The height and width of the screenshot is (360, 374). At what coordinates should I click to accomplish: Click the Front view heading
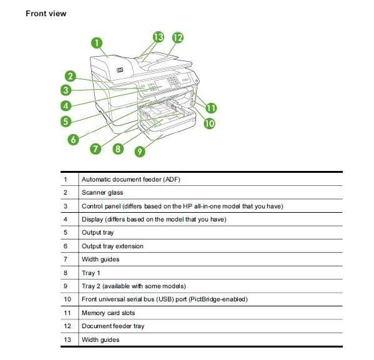[46, 14]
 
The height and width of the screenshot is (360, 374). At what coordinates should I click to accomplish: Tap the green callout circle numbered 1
[97, 43]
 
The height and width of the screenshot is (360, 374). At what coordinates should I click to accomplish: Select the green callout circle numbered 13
[159, 37]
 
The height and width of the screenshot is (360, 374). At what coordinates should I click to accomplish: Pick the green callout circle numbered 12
[178, 37]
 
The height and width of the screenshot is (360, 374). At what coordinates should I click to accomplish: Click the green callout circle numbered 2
[71, 76]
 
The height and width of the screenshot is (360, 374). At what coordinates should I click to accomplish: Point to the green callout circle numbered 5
[66, 122]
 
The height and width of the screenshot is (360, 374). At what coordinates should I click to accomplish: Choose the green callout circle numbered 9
[140, 152]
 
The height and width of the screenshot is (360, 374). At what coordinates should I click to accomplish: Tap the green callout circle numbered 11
[211, 108]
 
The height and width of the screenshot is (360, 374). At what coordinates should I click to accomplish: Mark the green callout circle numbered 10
[209, 124]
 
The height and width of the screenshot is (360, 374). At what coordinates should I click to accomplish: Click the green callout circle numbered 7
[96, 148]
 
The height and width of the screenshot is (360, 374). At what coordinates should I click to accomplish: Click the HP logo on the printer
[120, 70]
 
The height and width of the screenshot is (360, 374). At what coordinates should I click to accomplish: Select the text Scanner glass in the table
[102, 193]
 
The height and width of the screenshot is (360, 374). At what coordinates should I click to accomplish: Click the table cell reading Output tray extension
[112, 246]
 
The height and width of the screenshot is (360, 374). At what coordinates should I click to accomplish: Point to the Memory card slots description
[108, 313]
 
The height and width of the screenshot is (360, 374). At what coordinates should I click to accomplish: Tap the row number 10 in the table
[67, 299]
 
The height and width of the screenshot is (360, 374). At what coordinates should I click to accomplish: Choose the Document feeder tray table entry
[113, 326]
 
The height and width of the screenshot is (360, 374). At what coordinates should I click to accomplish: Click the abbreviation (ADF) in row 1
[172, 179]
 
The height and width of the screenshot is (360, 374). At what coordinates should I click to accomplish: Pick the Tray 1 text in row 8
[91, 273]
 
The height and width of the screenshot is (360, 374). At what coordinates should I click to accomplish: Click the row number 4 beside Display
[66, 220]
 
